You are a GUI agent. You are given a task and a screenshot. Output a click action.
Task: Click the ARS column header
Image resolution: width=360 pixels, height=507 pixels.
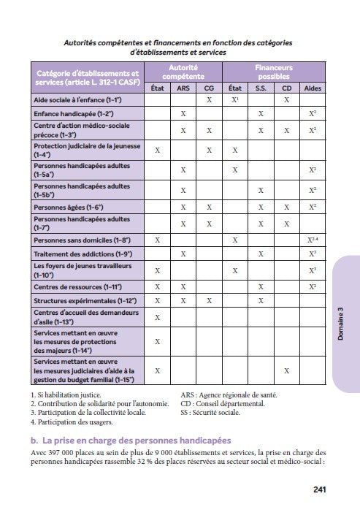coord(183,87)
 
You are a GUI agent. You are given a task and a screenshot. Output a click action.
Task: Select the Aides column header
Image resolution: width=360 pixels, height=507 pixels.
coord(312,87)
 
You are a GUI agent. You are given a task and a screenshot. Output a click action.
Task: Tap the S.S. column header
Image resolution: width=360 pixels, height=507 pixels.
coord(261,87)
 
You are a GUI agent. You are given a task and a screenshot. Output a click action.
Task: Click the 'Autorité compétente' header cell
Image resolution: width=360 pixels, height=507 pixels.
coord(183,71)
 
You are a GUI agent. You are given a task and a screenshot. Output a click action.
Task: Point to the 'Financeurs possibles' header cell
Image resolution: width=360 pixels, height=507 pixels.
coord(273,71)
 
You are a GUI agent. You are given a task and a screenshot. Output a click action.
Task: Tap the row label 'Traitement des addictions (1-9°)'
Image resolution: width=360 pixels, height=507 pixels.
coord(80,254)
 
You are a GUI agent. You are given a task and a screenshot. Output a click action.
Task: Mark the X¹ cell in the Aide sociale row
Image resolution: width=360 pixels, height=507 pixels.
coord(235,99)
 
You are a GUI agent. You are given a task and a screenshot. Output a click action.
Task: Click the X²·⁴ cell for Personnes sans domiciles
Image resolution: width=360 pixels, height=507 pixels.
coord(312,239)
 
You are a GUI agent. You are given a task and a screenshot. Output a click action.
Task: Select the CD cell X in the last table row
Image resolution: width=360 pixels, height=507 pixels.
coord(286,371)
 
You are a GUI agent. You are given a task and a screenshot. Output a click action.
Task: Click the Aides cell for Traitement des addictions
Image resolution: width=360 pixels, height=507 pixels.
coord(312,254)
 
